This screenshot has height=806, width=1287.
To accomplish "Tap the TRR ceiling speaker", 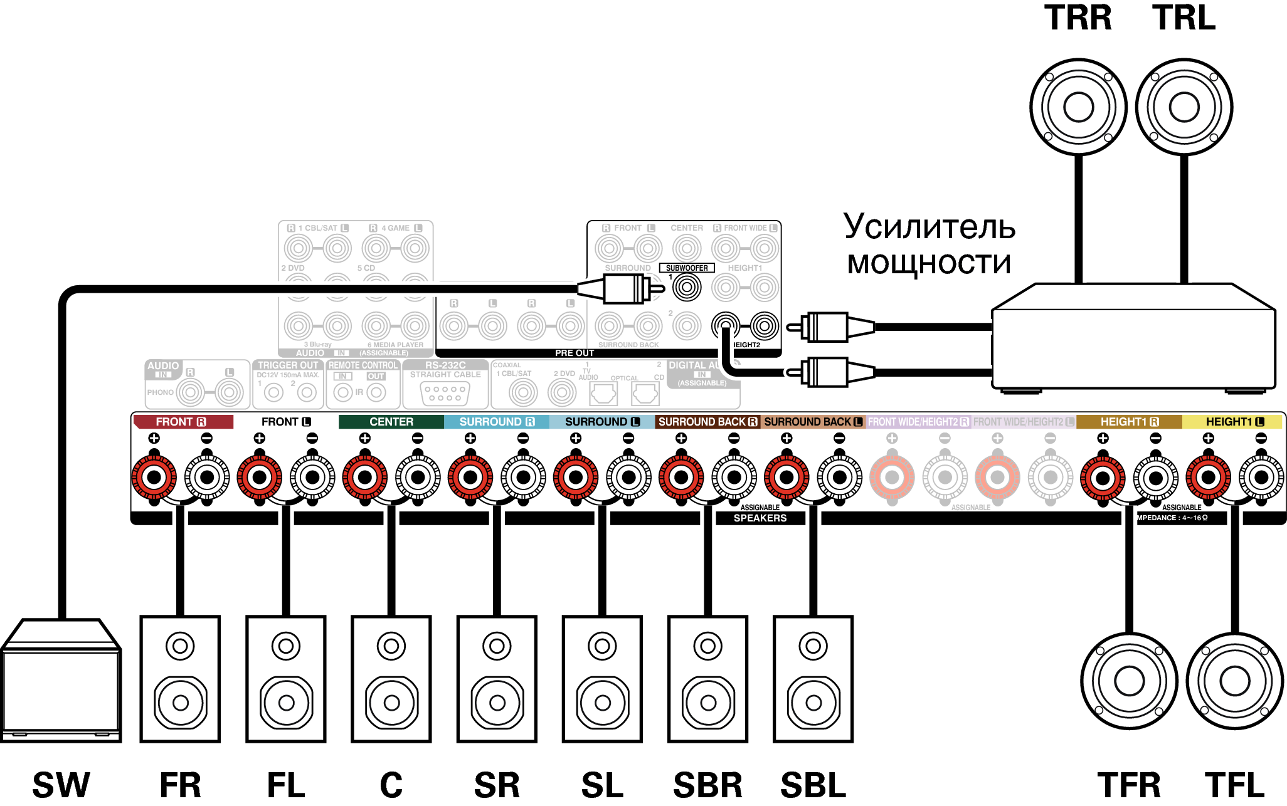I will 1078,107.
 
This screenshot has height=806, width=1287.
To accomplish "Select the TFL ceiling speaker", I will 1235,681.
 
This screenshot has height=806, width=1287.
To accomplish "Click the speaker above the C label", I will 391,679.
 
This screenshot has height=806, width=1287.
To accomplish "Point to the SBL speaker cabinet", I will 813,679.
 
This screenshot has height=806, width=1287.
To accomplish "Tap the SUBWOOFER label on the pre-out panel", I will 687,268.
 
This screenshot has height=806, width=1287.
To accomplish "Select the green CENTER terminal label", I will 391,422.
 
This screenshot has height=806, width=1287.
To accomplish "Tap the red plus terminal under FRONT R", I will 154,478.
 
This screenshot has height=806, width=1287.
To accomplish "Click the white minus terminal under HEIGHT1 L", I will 1261,478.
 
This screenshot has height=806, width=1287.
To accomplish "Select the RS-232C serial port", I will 445,393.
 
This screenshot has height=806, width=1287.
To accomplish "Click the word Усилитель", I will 929,227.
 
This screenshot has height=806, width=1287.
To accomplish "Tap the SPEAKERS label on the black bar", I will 760,518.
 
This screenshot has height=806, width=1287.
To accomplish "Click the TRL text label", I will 1184,18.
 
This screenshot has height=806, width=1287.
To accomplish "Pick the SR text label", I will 497,785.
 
